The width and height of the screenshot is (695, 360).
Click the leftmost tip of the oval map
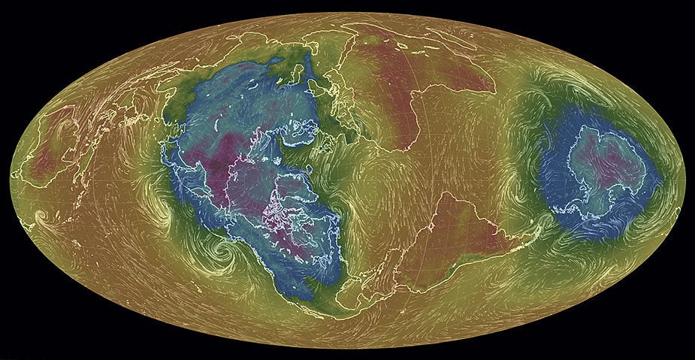click(x=11, y=180)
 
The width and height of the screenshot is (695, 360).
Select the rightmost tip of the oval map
click(x=684, y=180)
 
